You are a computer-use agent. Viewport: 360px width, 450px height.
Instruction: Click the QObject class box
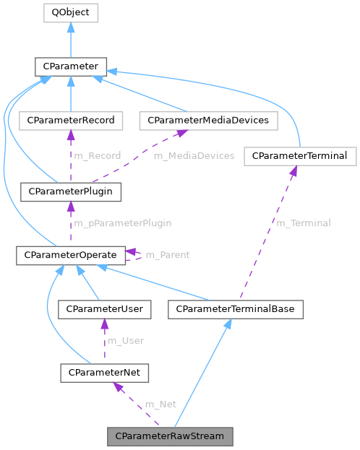pyautogui.click(x=70, y=12)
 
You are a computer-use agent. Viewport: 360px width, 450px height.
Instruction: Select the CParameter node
pyautogui.click(x=70, y=68)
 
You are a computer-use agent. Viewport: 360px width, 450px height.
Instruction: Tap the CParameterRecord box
pyautogui.click(x=71, y=120)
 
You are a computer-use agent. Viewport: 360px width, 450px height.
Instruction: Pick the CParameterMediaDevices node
pyautogui.click(x=208, y=120)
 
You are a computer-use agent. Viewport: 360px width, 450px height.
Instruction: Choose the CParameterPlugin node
pyautogui.click(x=71, y=191)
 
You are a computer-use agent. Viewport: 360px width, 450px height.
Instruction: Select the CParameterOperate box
pyautogui.click(x=71, y=254)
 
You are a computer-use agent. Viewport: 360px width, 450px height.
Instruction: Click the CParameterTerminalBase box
pyautogui.click(x=236, y=309)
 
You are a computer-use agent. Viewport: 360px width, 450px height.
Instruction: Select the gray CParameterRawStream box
pyautogui.click(x=170, y=436)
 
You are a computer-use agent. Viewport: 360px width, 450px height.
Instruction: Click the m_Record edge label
pyautogui.click(x=97, y=155)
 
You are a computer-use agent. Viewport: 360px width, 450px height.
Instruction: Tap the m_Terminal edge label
pyautogui.click(x=303, y=223)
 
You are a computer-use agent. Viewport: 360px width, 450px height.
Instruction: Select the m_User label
pyautogui.click(x=125, y=340)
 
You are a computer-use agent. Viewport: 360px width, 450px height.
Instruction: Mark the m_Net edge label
pyautogui.click(x=160, y=404)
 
